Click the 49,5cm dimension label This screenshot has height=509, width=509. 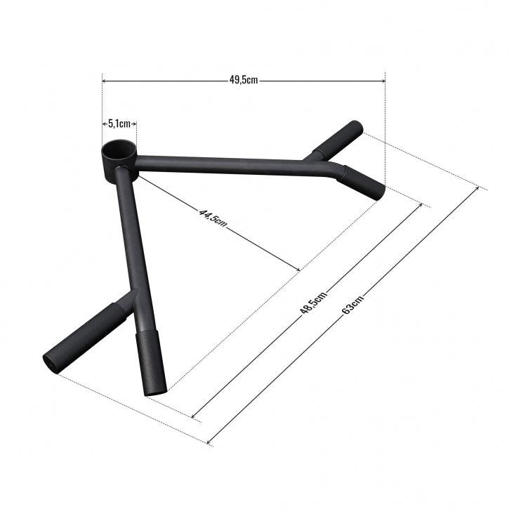click(x=244, y=80)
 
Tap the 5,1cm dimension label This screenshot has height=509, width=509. click(x=119, y=124)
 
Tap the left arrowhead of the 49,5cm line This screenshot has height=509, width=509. click(x=105, y=80)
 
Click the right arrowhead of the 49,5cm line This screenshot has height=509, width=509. click(x=383, y=80)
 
